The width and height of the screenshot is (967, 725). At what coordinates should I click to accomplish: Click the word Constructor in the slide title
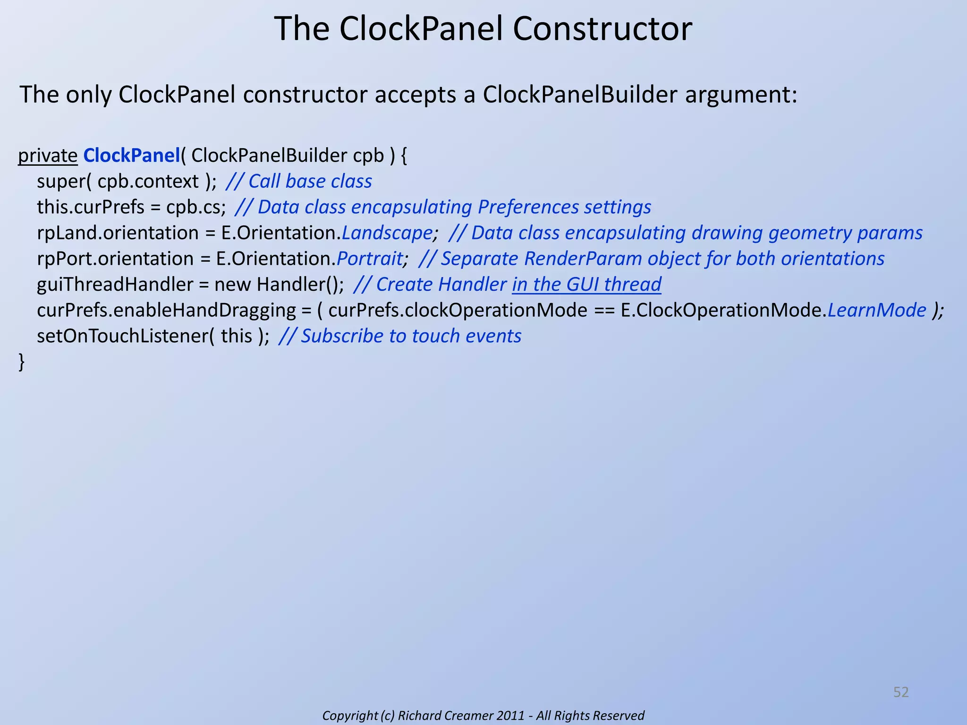click(x=602, y=29)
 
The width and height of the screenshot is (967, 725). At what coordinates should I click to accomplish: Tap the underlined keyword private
click(x=48, y=156)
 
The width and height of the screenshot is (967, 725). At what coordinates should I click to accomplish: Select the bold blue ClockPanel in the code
click(x=132, y=156)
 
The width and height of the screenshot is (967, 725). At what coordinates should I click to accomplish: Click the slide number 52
click(x=901, y=692)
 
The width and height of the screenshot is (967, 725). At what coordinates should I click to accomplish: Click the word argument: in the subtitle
click(x=741, y=95)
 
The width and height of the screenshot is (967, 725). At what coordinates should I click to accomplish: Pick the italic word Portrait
click(x=370, y=259)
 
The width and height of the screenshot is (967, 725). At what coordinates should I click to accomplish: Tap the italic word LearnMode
click(x=877, y=311)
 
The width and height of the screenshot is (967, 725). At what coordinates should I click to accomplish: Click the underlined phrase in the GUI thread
click(x=586, y=285)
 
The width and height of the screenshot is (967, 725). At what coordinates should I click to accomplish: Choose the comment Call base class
click(x=310, y=182)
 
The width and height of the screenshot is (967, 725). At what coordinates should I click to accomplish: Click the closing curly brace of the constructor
click(x=21, y=362)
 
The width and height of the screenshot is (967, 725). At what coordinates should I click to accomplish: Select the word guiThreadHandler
click(x=115, y=285)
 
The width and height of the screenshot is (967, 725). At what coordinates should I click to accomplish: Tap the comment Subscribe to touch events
click(x=411, y=336)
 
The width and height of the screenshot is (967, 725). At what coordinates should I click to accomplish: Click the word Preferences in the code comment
click(x=528, y=208)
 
